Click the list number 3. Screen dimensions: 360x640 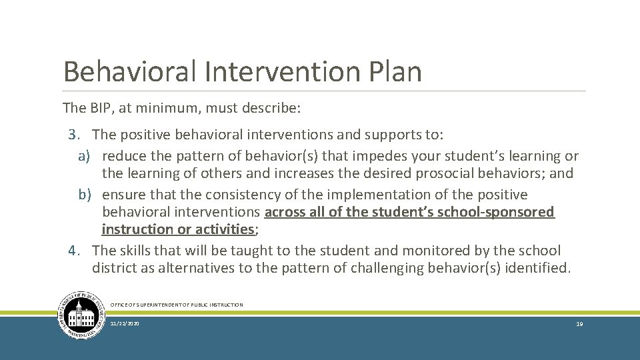click(73, 135)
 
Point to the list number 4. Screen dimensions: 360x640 click(73, 251)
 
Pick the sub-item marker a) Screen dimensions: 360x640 click(84, 156)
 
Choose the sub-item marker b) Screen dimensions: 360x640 click(84, 195)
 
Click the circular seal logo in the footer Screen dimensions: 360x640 click(81, 315)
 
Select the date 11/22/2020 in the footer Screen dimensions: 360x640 click(125, 323)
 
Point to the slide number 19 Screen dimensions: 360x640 click(579, 323)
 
